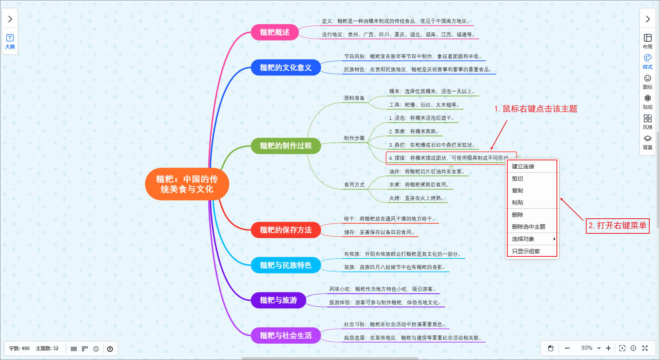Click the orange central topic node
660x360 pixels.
coord(187,184)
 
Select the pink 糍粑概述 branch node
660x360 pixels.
coord(274,32)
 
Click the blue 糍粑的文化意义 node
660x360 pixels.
coord(286,67)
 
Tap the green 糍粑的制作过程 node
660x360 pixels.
coord(286,146)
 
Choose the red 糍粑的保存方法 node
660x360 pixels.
coord(286,230)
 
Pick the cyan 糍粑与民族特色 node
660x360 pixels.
coord(286,265)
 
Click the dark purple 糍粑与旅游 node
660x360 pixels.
coord(278,300)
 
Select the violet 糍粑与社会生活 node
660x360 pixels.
coord(286,335)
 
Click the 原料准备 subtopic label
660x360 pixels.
coord(354,98)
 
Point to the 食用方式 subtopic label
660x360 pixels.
coord(354,185)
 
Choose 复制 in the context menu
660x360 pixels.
coord(518,191)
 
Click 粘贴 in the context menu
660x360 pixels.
coord(518,202)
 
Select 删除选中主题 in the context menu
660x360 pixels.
coord(528,227)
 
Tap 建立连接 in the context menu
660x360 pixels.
coord(523,166)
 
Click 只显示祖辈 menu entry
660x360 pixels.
coord(526,251)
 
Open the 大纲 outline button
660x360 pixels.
coord(10,41)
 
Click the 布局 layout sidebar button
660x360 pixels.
coord(647,41)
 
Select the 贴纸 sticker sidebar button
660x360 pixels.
coord(647,102)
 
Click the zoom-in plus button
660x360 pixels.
coord(608,348)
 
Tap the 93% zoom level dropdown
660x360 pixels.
coord(591,348)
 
